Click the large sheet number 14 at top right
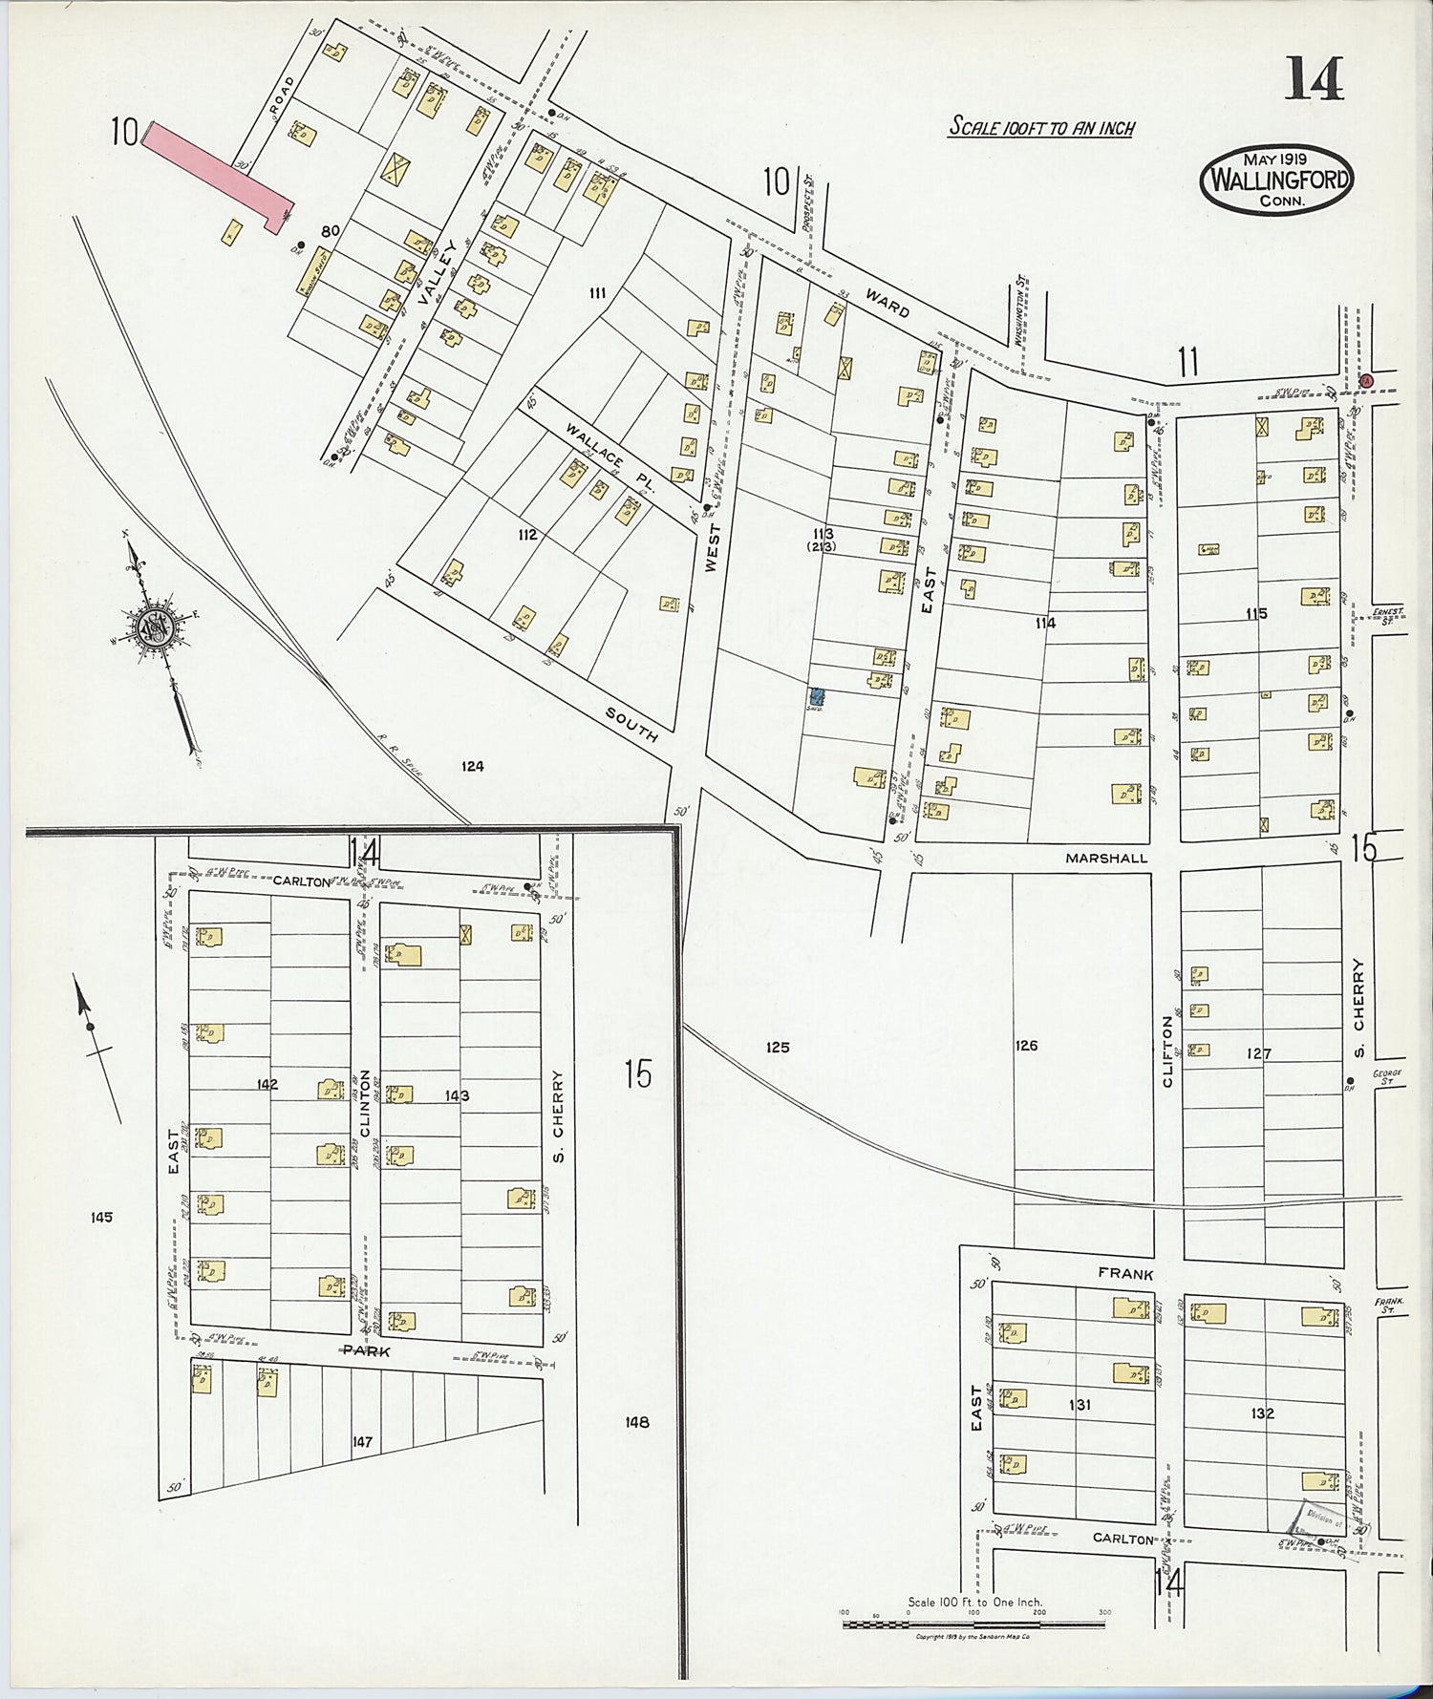[x=1314, y=78]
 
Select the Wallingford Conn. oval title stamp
[x=1275, y=180]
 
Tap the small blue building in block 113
[x=818, y=698]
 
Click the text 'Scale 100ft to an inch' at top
[x=1040, y=127]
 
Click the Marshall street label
[x=1106, y=859]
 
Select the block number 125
[x=778, y=1048]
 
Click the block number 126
[x=1026, y=1046]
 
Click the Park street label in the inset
[x=368, y=1351]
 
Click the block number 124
[x=472, y=766]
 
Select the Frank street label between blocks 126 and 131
[x=1125, y=1274]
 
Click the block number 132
[x=1262, y=1413]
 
